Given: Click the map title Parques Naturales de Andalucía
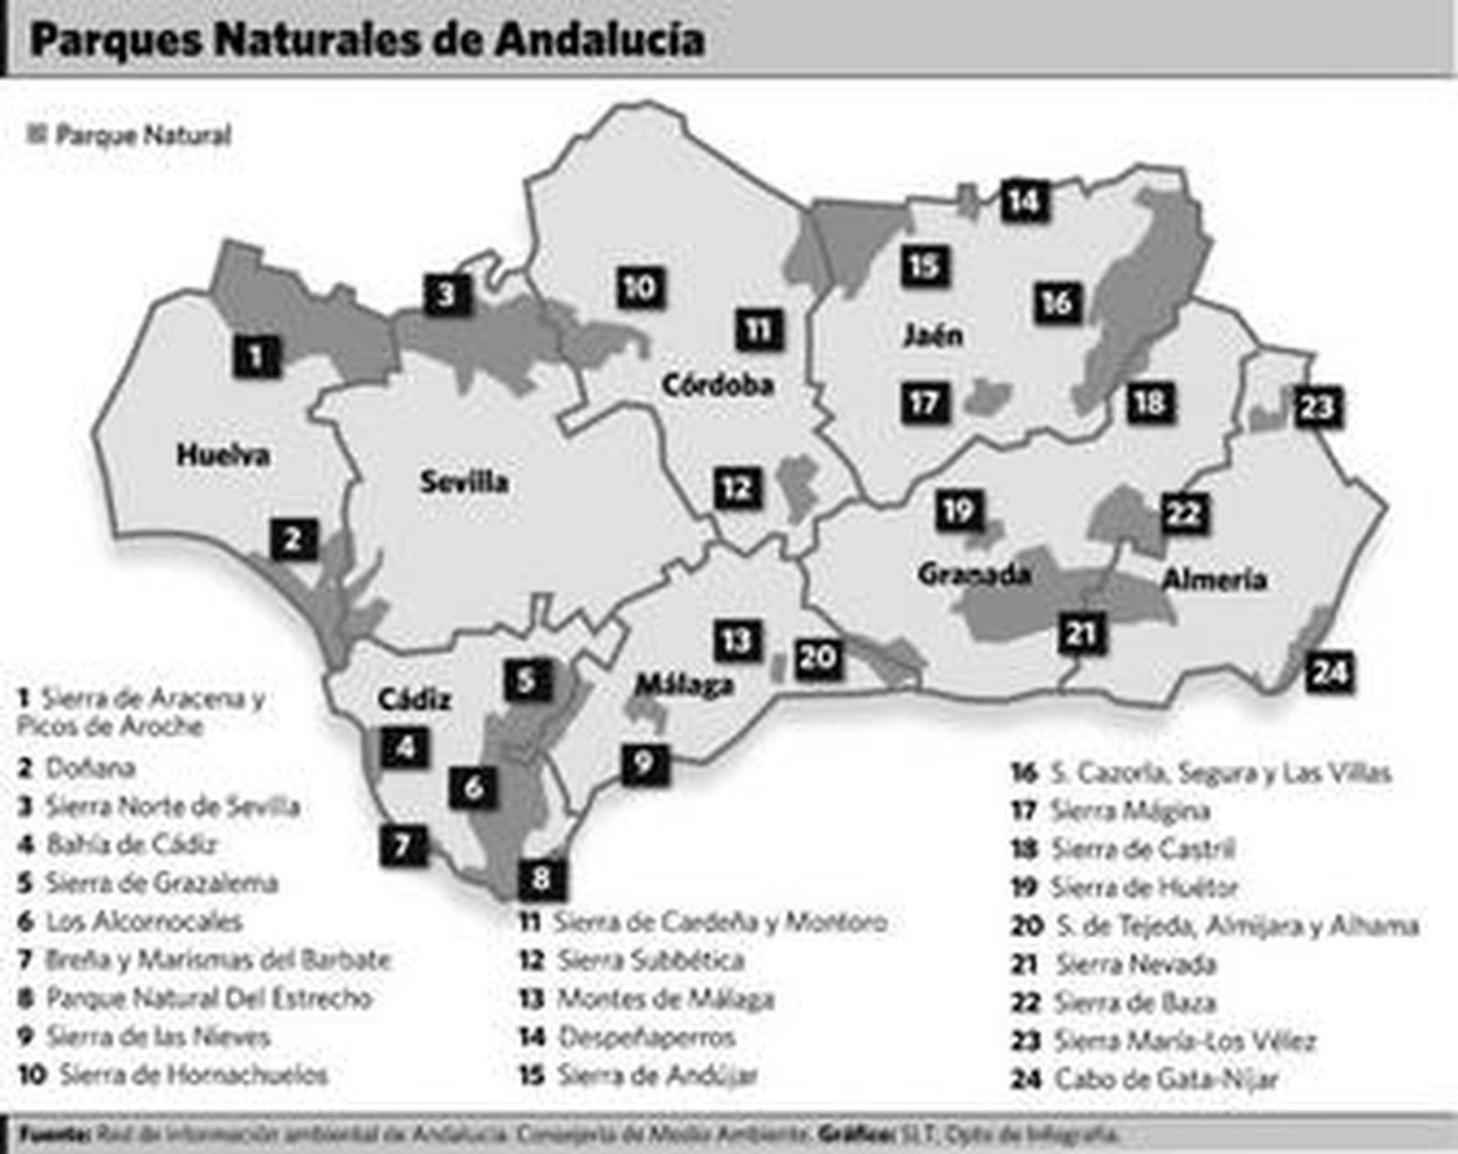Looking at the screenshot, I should (x=366, y=40).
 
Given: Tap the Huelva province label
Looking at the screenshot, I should (x=223, y=455).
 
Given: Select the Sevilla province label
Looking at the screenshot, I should (x=464, y=482).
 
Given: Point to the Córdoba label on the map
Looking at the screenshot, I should (x=718, y=386).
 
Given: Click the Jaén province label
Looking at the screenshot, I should (x=932, y=335).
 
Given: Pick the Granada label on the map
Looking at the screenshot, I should (x=974, y=574).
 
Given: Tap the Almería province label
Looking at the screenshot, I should (x=1215, y=579).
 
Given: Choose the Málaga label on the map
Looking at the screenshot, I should (x=684, y=685).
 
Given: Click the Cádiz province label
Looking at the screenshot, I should (x=415, y=700).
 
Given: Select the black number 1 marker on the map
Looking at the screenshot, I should (x=256, y=355).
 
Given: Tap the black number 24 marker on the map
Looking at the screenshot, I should (x=1329, y=673).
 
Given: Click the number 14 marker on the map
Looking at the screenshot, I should (x=1024, y=201).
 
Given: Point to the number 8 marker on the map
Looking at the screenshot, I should (x=541, y=880).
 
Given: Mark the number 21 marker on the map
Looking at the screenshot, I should (x=1082, y=634).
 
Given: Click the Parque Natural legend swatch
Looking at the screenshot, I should (x=37, y=135).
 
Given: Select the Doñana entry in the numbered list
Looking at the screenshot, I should (x=89, y=768).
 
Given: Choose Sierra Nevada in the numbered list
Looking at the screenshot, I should (x=1135, y=964).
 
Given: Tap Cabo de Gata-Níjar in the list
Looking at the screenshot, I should (x=1165, y=1079).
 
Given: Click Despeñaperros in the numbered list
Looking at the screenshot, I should (x=646, y=1037).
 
